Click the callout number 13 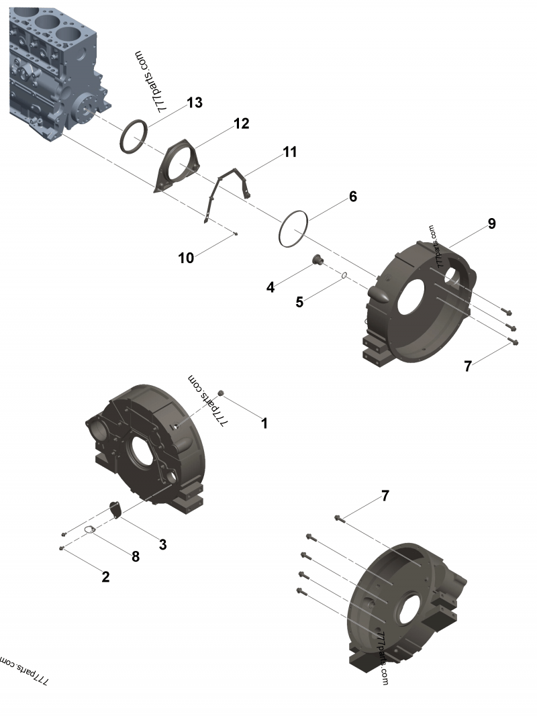pos(195,103)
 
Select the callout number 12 pos(241,123)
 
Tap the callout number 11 pos(289,152)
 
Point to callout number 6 pos(352,197)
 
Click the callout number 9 pos(492,223)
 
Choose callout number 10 pos(186,257)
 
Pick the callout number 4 pos(271,288)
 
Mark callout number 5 pos(299,302)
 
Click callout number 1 pos(264,423)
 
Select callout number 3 pos(162,544)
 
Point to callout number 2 pos(105,576)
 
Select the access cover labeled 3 pos(115,510)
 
